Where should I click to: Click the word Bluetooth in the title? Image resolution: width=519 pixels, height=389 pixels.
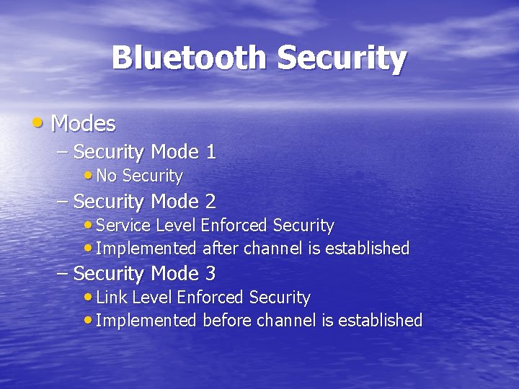(x=190, y=58)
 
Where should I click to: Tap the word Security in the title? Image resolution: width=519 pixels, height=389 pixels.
(x=342, y=58)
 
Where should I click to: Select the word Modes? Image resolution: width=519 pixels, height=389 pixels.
(x=83, y=124)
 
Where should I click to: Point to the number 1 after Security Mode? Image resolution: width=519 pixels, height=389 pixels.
(x=210, y=152)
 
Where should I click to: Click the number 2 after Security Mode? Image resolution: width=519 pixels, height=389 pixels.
(x=210, y=202)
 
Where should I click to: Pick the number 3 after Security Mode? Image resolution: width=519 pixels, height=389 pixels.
(x=210, y=274)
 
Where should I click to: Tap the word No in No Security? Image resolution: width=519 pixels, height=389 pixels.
(x=107, y=176)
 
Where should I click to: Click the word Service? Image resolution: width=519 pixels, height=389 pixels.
(x=123, y=225)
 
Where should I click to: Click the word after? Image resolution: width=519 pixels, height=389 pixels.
(x=221, y=249)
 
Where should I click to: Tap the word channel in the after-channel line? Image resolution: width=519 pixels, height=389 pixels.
(x=271, y=249)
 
